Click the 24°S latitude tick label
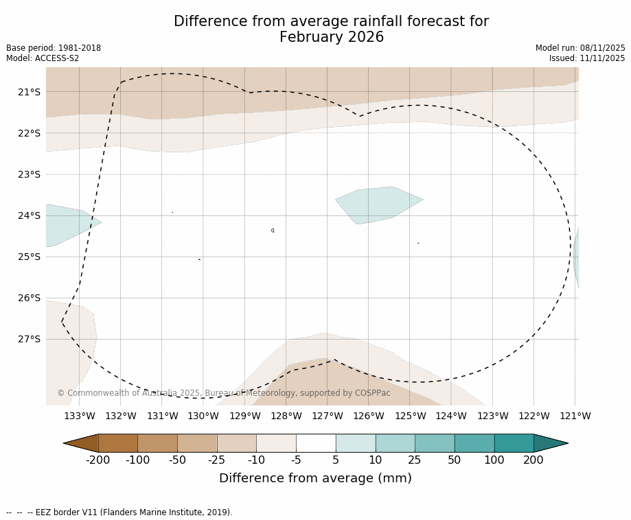pyautogui.click(x=29, y=215)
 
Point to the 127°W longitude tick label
pyautogui.click(x=328, y=416)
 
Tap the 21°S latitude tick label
pyautogui.click(x=29, y=92)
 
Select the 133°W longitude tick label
pyautogui.click(x=80, y=416)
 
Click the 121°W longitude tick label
pyautogui.click(x=575, y=416)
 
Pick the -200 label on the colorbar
pyautogui.click(x=97, y=460)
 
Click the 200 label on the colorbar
pyautogui.click(x=534, y=460)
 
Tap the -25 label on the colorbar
pyautogui.click(x=217, y=460)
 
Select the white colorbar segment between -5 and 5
pyautogui.click(x=316, y=443)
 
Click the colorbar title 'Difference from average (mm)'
pyautogui.click(x=315, y=479)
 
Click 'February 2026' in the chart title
pyautogui.click(x=331, y=37)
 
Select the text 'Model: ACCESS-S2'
pyautogui.click(x=43, y=58)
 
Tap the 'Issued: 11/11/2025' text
pyautogui.click(x=587, y=58)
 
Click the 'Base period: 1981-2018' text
pyautogui.click(x=54, y=48)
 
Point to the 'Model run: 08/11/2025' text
pyautogui.click(x=580, y=48)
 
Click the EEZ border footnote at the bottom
pyautogui.click(x=119, y=512)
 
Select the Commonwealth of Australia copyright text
pyautogui.click(x=223, y=393)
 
